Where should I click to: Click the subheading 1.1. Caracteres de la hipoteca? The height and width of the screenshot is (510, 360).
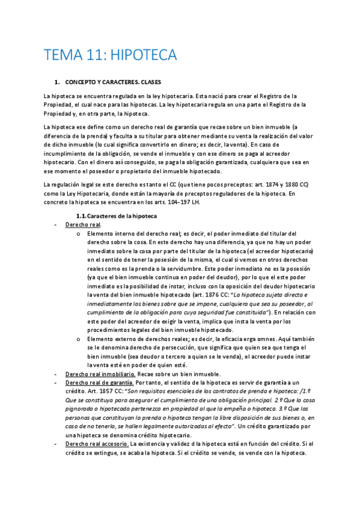click(116, 215)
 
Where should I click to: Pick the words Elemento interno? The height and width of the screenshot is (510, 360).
click(110, 233)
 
